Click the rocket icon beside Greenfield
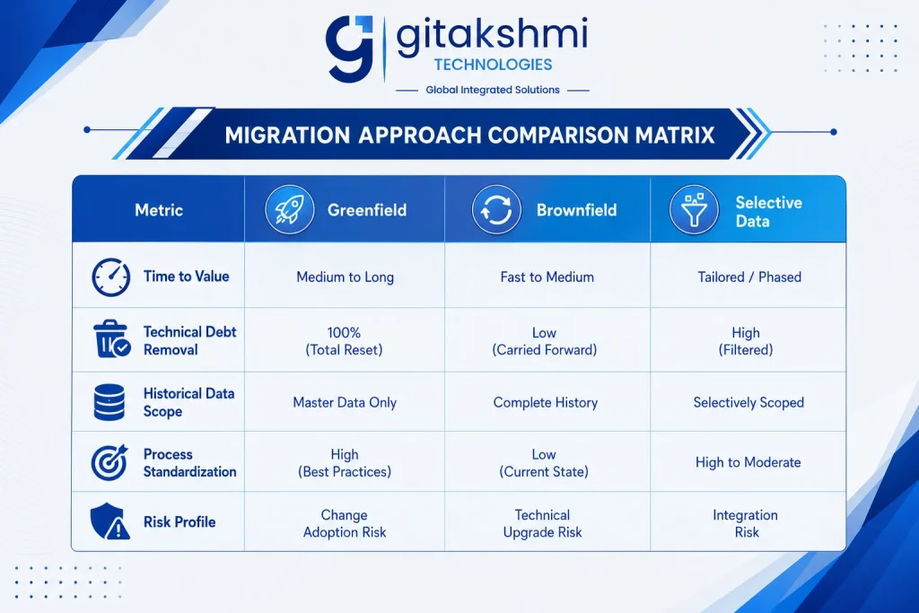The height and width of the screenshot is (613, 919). tap(290, 209)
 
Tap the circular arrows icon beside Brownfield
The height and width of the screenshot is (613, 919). tap(496, 209)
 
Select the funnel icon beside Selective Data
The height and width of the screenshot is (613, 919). tap(694, 209)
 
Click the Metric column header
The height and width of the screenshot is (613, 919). tap(159, 210)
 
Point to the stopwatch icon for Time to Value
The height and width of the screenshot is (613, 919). tap(110, 276)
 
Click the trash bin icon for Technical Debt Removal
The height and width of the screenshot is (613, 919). tap(111, 338)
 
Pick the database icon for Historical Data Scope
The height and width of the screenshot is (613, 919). tap(109, 402)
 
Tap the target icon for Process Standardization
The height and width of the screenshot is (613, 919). tap(109, 462)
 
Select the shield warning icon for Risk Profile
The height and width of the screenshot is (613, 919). tap(110, 521)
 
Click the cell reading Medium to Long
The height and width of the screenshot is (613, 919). tap(345, 276)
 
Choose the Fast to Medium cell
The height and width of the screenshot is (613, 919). tap(547, 276)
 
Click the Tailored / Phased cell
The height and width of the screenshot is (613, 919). tap(749, 276)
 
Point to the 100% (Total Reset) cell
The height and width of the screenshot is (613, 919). tap(344, 341)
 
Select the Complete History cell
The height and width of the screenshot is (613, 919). tap(545, 403)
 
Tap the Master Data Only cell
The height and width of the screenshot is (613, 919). tap(345, 403)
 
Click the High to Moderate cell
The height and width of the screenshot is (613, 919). tap(748, 462)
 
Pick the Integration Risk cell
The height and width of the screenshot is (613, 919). tap(746, 523)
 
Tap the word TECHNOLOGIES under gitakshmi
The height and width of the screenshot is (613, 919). tap(493, 65)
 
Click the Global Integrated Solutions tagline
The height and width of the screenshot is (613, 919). tap(493, 90)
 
